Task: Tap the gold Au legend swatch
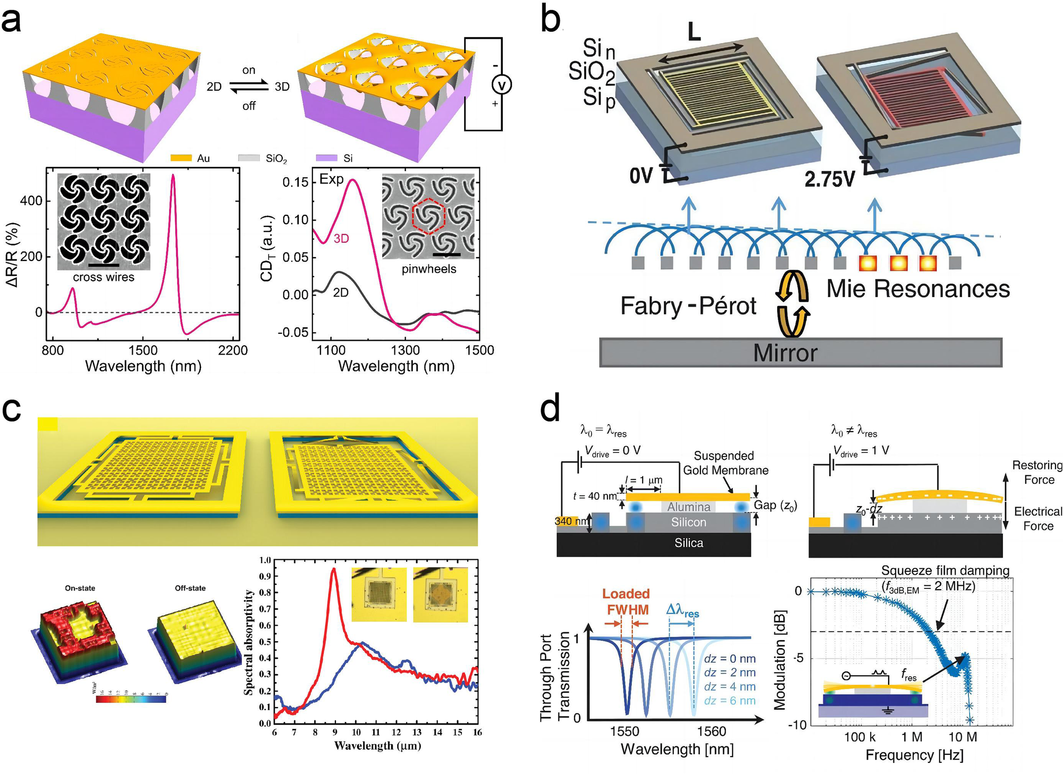coord(180,158)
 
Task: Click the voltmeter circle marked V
coord(502,85)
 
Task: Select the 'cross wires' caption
coord(104,277)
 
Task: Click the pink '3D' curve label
coord(341,239)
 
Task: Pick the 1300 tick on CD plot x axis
coord(405,350)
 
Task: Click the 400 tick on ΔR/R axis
coord(31,201)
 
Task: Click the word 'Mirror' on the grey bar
coord(785,353)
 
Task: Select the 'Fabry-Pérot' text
coord(688,306)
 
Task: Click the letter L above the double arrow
coord(694,32)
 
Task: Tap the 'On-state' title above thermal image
coord(80,588)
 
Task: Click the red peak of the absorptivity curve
coord(334,569)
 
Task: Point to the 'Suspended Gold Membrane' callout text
coord(725,463)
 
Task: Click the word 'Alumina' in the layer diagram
coord(689,507)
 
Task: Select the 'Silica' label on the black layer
coord(689,543)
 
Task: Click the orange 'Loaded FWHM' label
coord(626,601)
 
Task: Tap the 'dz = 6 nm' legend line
coord(729,701)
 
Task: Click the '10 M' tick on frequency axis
coord(963,737)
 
